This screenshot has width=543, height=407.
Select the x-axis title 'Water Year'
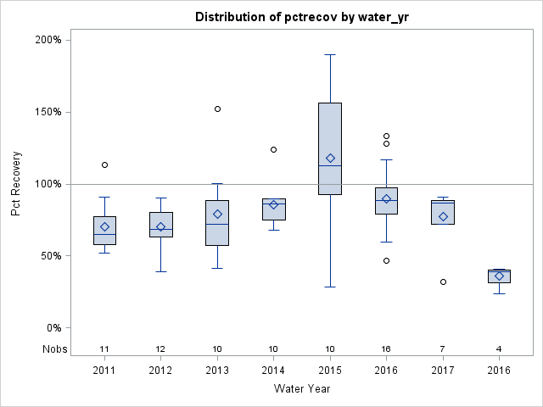point(301,388)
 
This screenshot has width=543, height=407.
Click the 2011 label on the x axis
point(104,369)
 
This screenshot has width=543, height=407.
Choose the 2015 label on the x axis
point(330,369)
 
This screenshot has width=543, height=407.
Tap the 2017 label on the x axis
point(443,369)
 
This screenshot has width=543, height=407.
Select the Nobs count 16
point(387,348)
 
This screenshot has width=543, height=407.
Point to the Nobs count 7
point(443,348)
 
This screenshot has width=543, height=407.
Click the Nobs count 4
point(500,348)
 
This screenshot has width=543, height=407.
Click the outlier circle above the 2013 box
point(217,109)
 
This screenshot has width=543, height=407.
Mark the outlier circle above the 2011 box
point(104,164)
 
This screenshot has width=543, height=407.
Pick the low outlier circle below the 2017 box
point(443,282)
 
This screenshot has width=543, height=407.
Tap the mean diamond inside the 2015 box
point(330,159)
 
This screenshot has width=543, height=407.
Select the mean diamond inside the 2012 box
point(160,227)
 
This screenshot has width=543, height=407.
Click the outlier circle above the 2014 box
point(273,149)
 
